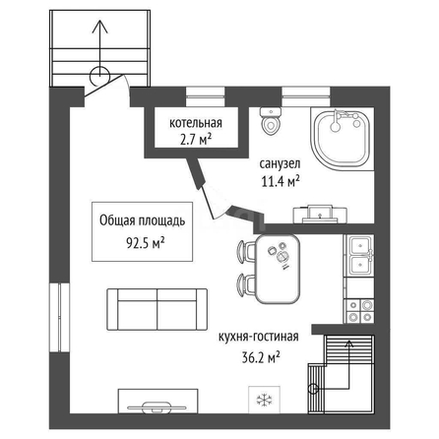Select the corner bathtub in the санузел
(342, 139)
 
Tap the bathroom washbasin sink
(320, 214)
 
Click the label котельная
(196, 123)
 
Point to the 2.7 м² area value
(196, 140)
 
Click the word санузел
(280, 163)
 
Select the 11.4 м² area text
(281, 180)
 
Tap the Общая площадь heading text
(142, 220)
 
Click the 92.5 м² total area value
(146, 243)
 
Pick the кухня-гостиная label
(259, 337)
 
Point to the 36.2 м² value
(261, 357)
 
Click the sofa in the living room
(157, 310)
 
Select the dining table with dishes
(278, 268)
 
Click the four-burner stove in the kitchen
(360, 311)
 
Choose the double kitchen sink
(361, 255)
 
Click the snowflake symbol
(264, 400)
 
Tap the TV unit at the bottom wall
(157, 401)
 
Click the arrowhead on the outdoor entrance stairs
(99, 27)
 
